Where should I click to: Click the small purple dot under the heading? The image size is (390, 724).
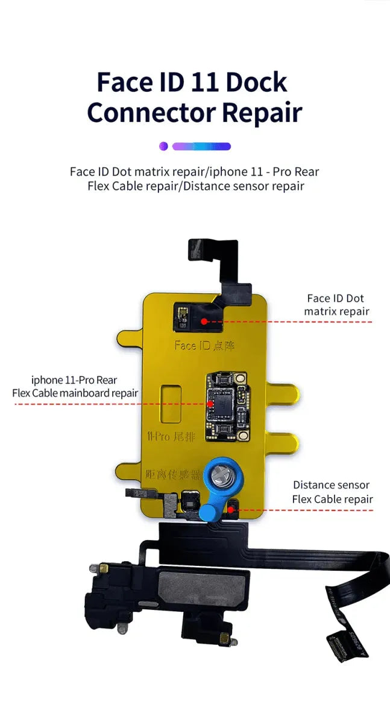click(x=163, y=146)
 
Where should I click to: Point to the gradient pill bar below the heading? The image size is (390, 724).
click(x=201, y=146)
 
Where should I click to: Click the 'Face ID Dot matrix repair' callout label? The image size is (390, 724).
click(x=336, y=305)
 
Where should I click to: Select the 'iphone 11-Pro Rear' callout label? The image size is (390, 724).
click(x=74, y=380)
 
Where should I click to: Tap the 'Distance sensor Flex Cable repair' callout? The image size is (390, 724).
click(x=332, y=492)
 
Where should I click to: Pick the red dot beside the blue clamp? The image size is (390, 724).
click(x=231, y=510)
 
